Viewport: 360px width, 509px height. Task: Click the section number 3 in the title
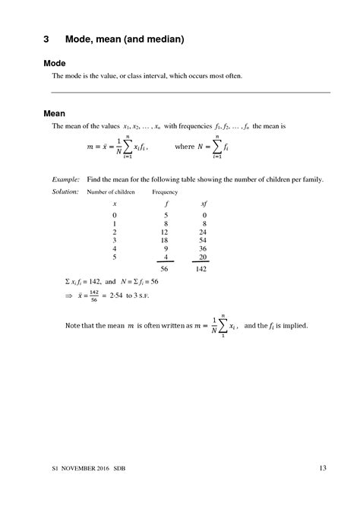46,37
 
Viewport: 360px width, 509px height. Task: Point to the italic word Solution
65,191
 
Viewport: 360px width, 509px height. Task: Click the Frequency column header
166,192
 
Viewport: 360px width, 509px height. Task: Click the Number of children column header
111,192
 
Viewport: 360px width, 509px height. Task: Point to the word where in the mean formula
185,147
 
